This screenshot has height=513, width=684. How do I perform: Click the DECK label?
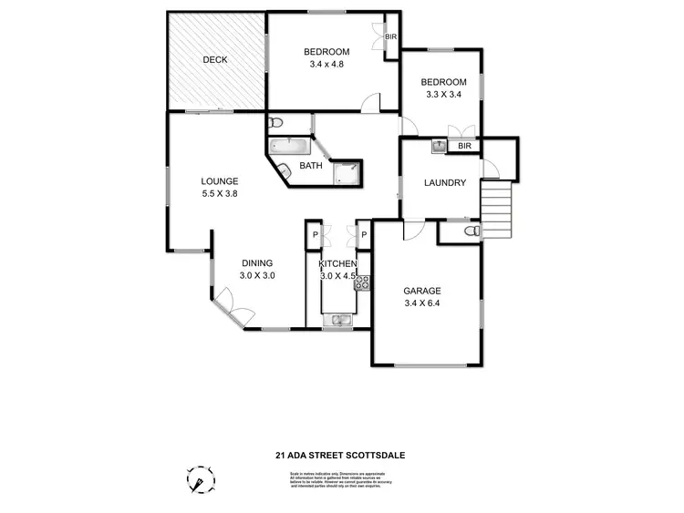coord(215,60)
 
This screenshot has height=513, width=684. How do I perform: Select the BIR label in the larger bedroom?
coord(391,37)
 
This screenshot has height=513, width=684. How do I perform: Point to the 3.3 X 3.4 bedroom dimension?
coord(446,94)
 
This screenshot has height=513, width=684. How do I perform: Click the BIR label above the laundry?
coord(464,146)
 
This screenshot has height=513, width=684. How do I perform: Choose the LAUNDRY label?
coord(445,183)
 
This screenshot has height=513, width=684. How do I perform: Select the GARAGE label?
coord(422,292)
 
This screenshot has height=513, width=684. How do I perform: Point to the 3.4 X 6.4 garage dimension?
coord(422,304)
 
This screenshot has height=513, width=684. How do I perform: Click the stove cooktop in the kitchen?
coord(360,282)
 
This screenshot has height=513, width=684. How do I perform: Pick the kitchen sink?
coord(340,319)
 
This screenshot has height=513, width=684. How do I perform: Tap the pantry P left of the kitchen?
coord(313,235)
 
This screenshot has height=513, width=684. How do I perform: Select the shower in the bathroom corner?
coord(347,174)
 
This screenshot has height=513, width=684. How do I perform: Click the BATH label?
coord(311,166)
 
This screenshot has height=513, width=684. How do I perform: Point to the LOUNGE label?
coord(219,180)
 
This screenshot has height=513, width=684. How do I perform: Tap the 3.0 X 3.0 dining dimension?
coord(257,275)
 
